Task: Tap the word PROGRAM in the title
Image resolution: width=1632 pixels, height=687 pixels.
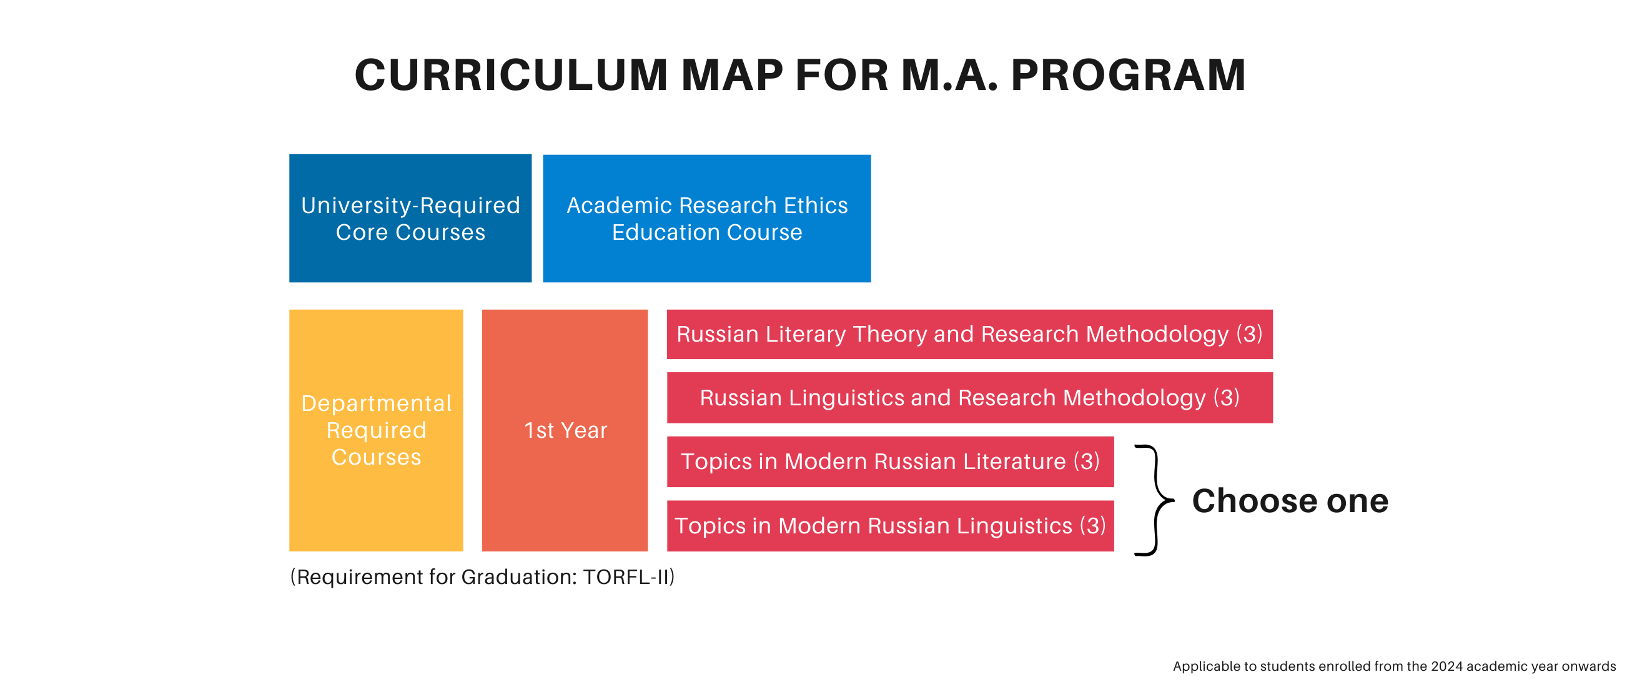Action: (1129, 75)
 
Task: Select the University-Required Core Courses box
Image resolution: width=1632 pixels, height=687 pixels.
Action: (410, 218)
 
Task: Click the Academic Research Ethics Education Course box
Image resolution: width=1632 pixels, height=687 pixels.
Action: (707, 218)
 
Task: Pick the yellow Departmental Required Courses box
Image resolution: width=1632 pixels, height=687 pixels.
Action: (377, 430)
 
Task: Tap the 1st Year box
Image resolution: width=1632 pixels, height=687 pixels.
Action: (565, 430)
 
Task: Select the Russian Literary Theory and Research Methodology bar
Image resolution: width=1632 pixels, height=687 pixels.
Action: (970, 334)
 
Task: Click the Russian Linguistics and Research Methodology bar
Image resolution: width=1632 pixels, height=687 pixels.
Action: (970, 397)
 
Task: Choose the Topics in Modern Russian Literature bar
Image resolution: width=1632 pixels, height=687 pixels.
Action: (891, 462)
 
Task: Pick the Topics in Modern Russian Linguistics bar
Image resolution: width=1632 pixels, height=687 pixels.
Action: (891, 525)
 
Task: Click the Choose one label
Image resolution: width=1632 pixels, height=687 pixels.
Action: (1290, 501)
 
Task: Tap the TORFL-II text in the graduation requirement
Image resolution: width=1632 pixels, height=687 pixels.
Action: (626, 576)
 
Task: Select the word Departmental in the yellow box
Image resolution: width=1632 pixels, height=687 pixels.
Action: (377, 403)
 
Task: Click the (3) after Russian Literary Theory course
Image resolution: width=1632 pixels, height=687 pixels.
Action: (1249, 334)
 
